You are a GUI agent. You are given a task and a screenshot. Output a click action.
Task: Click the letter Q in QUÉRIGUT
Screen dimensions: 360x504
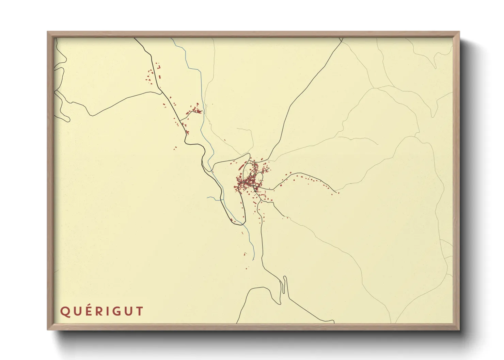pos(65,311)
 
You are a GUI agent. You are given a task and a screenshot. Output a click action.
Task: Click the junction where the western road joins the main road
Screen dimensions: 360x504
pos(161,92)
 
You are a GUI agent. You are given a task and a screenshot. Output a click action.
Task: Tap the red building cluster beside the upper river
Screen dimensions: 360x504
pos(195,110)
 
